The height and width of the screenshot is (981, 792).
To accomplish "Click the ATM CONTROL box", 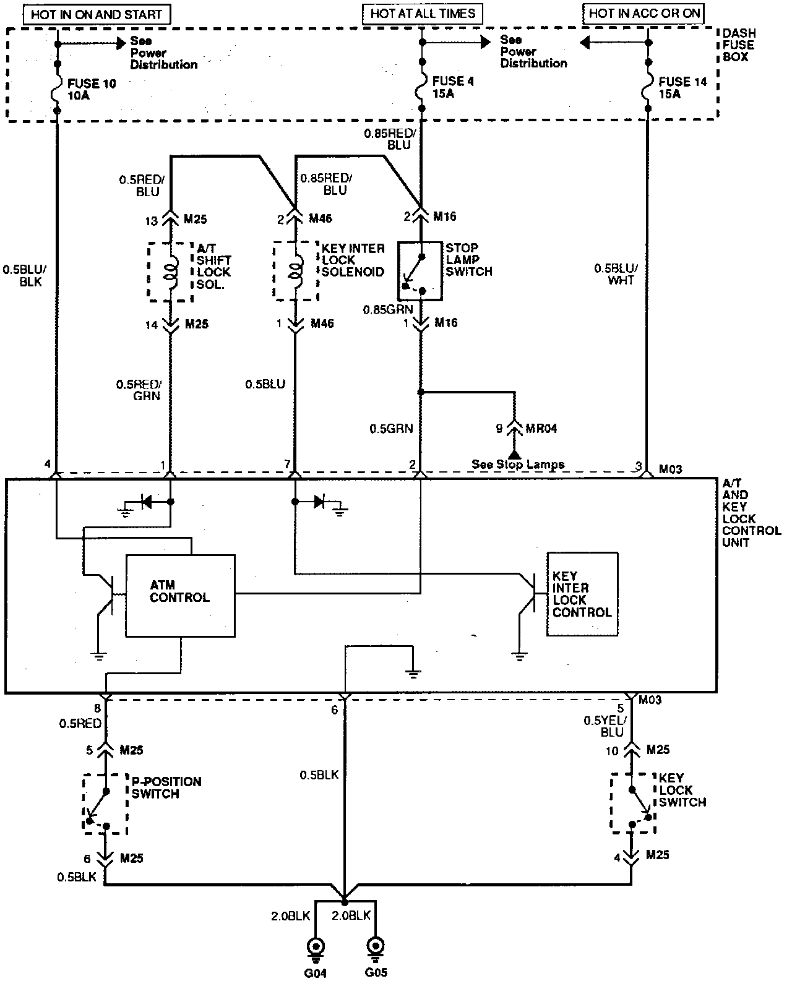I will pyautogui.click(x=180, y=595).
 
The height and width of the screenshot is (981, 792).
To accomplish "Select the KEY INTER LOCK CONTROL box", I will pyautogui.click(x=582, y=594).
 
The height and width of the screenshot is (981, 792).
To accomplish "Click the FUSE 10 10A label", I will pyautogui.click(x=92, y=89).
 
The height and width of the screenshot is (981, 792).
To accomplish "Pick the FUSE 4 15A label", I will pyautogui.click(x=452, y=87).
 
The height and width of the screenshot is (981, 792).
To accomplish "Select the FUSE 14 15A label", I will pyautogui.click(x=682, y=87).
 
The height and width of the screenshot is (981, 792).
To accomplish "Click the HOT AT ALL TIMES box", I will pyautogui.click(x=422, y=13).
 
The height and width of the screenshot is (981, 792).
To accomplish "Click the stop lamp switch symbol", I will pyautogui.click(x=420, y=271).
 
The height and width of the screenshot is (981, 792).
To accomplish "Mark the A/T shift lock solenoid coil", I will pyautogui.click(x=170, y=272).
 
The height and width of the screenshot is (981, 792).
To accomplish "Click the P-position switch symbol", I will pyautogui.click(x=105, y=803).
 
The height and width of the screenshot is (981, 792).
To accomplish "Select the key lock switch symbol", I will pyautogui.click(x=632, y=803).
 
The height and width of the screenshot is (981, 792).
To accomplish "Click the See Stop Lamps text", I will pyautogui.click(x=517, y=465).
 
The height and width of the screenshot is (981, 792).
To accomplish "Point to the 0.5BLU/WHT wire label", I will pyautogui.click(x=614, y=274).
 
